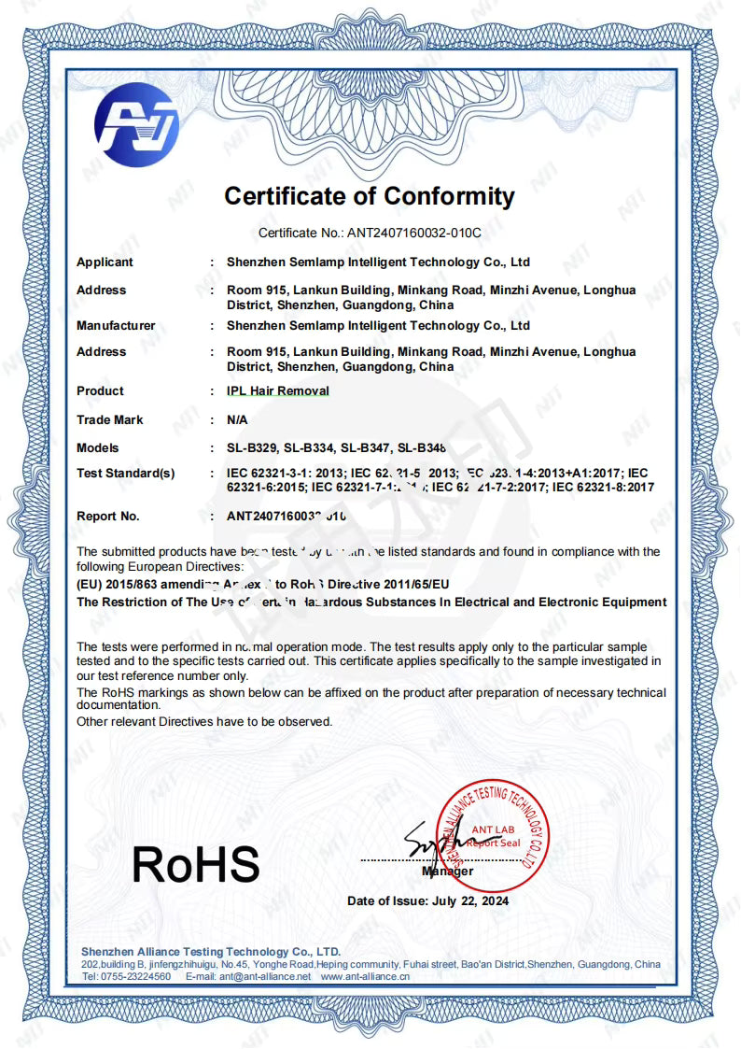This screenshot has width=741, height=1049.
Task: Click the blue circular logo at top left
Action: coord(136,125)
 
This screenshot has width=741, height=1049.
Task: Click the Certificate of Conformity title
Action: coord(370,196)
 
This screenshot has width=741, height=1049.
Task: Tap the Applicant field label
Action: coord(105,262)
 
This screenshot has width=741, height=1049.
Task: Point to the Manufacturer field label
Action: coord(116,326)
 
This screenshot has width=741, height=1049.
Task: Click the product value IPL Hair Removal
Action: coord(278,391)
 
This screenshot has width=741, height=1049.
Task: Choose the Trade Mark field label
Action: coord(110,420)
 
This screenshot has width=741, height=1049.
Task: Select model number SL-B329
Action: coord(251,448)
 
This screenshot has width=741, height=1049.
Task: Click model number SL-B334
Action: coord(312,448)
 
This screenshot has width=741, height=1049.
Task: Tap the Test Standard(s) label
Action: coord(125,474)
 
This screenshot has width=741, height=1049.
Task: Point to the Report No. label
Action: coord(108,516)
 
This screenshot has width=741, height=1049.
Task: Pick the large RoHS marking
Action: coord(195,864)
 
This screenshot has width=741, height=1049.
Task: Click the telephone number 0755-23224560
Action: coord(139,976)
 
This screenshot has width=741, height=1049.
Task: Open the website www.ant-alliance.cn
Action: coord(365,976)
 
